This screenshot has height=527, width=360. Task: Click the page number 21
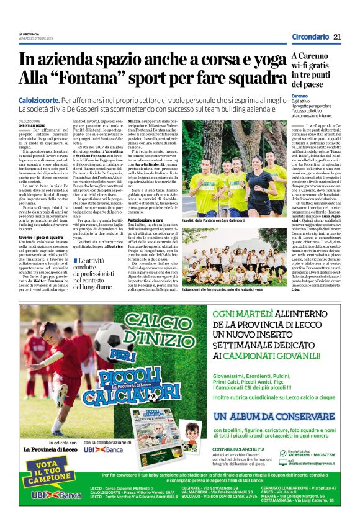tap(338, 37)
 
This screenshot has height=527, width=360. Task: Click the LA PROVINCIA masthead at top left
tap(29, 34)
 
